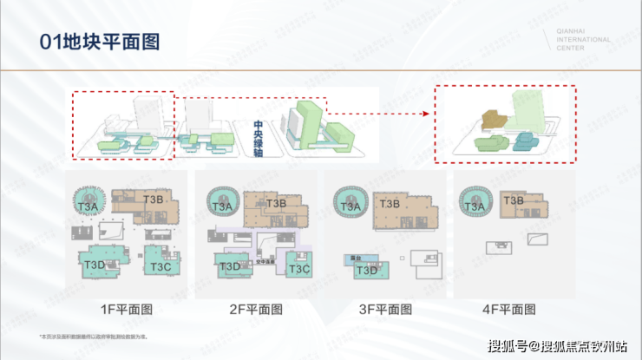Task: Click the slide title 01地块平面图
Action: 90,42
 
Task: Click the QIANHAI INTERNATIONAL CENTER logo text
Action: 582,39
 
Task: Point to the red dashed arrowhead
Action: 428,113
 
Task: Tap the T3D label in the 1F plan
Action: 95,263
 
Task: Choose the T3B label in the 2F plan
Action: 276,204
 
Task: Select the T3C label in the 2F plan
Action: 298,269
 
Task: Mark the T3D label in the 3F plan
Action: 367,270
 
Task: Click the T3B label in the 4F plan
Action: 514,201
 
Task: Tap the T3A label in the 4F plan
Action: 474,206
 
